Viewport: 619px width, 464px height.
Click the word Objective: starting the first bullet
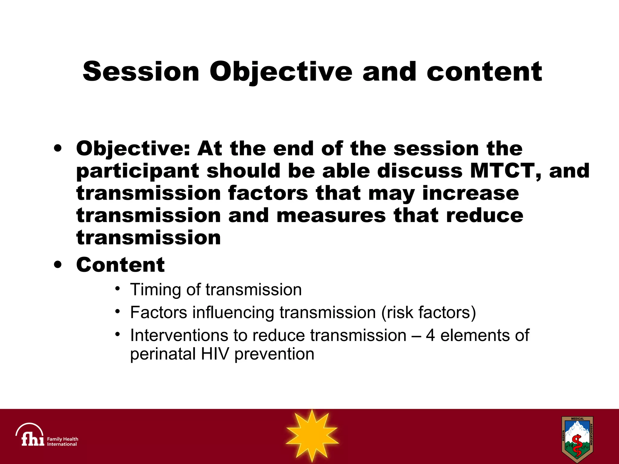coord(133,149)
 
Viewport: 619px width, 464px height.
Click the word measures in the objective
coord(331,215)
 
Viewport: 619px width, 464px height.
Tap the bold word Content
coord(120,265)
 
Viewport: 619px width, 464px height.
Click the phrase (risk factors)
coord(429,312)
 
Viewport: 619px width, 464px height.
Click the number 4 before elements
coord(430,335)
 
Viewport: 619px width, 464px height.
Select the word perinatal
coord(163,354)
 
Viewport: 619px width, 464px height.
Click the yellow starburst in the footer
coord(312,436)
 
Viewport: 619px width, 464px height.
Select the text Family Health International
coord(63,442)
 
